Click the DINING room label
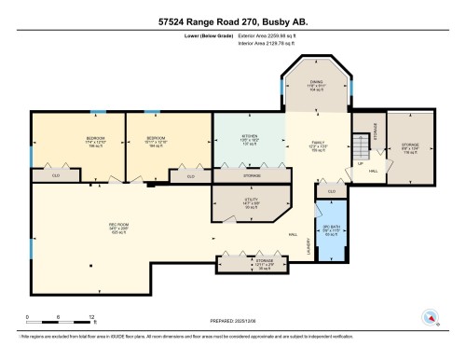click(x=316, y=81)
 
